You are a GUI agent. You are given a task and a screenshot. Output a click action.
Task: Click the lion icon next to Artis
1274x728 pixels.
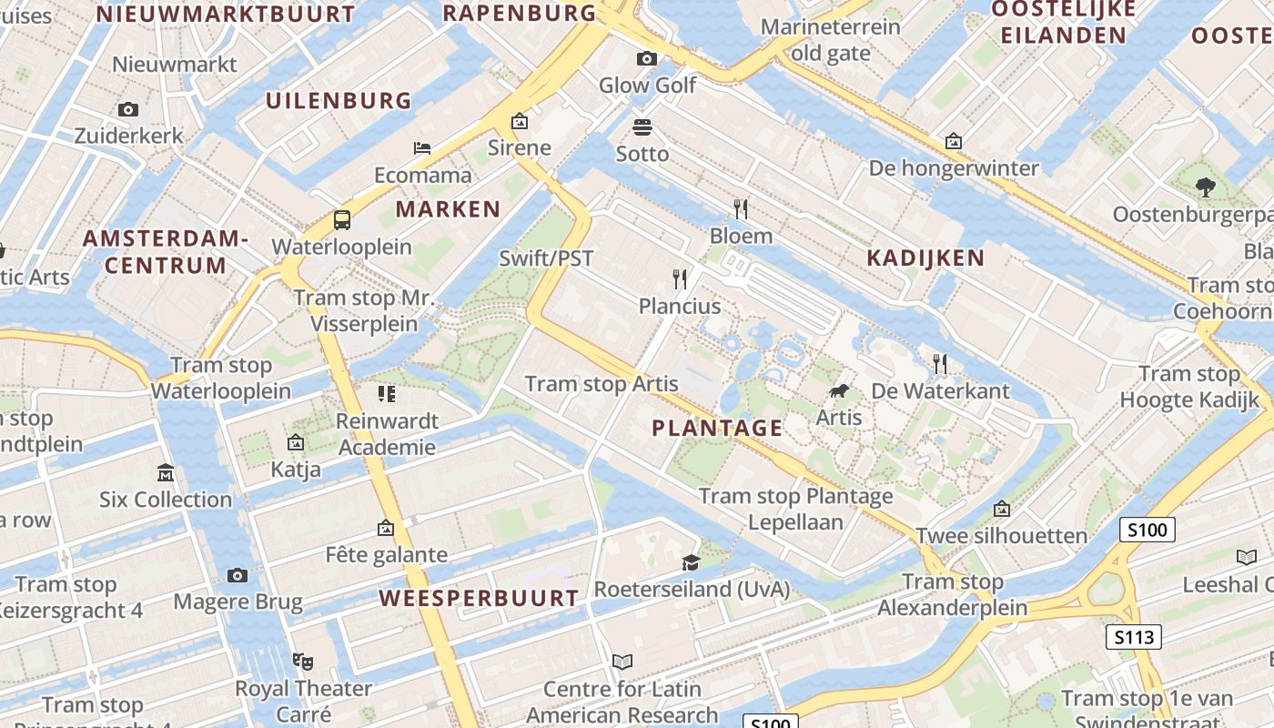pyautogui.click(x=838, y=392)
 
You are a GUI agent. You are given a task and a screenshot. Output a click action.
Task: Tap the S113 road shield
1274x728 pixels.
pyautogui.click(x=1134, y=637)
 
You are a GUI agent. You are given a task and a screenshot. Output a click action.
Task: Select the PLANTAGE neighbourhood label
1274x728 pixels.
pyautogui.click(x=717, y=428)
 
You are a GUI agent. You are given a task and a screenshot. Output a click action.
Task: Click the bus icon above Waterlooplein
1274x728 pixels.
pyautogui.click(x=342, y=219)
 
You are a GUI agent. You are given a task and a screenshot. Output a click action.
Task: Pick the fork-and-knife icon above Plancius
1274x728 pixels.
pyautogui.click(x=680, y=278)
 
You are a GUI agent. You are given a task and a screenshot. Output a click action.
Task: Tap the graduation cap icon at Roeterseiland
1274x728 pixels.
pyautogui.click(x=692, y=562)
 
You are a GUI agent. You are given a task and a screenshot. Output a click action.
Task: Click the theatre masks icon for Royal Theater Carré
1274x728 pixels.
pyautogui.click(x=303, y=661)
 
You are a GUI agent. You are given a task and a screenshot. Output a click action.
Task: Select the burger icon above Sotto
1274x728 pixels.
pyautogui.click(x=642, y=126)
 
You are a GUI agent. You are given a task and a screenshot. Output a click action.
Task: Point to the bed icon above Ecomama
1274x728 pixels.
pyautogui.click(x=422, y=147)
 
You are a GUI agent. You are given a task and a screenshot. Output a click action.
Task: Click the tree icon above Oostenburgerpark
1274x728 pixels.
pyautogui.click(x=1206, y=187)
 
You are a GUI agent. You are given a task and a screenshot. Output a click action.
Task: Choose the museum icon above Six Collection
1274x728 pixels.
pyautogui.click(x=166, y=472)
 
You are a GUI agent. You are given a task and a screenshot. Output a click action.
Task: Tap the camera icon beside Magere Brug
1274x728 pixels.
pyautogui.click(x=238, y=575)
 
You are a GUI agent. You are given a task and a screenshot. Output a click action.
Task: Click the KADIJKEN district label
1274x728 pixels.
pyautogui.click(x=925, y=258)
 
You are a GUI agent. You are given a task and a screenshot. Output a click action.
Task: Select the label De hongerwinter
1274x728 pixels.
pyautogui.click(x=954, y=168)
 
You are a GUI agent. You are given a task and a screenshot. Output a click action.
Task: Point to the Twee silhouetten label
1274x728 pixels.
pyautogui.click(x=1001, y=535)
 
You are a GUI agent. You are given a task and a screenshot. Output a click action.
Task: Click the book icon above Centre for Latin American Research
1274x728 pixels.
pyautogui.click(x=622, y=662)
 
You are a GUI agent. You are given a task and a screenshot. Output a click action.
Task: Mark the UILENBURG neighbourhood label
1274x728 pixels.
pyautogui.click(x=339, y=100)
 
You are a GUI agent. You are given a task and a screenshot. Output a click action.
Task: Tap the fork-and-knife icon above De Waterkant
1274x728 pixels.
pyautogui.click(x=940, y=364)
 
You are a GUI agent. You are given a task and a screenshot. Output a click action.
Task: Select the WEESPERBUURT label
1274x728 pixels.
pyautogui.click(x=479, y=598)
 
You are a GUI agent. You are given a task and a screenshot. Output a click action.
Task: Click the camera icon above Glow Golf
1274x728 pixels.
pyautogui.click(x=647, y=59)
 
